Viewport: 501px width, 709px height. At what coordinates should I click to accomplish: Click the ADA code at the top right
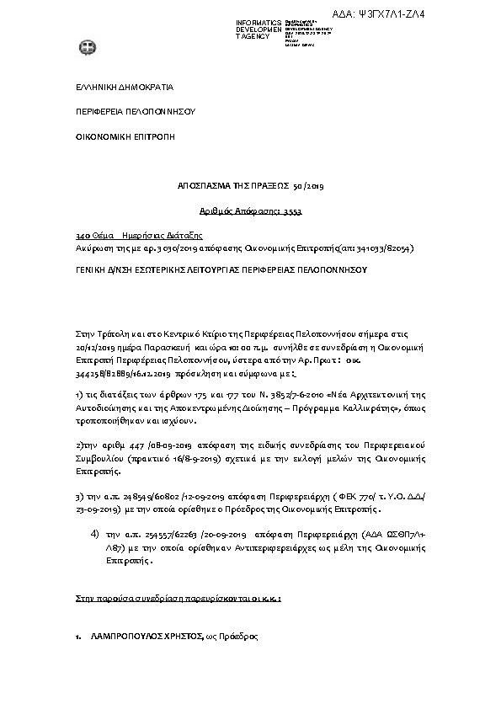[449, 14]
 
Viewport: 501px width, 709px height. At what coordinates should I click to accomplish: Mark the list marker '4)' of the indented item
[95, 532]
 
